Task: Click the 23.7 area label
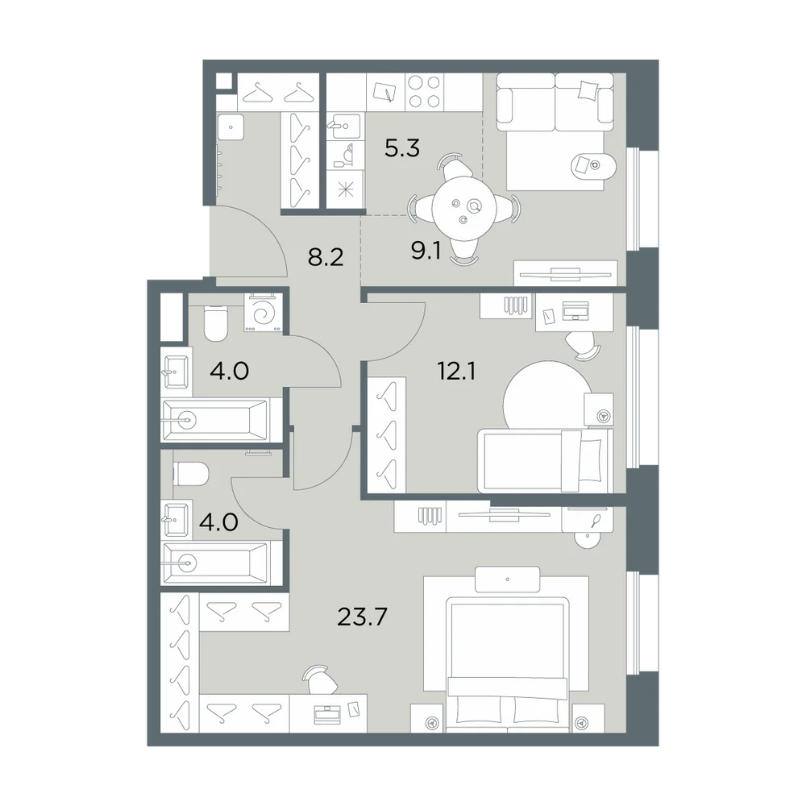click(x=362, y=617)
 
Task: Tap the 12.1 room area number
click(x=456, y=371)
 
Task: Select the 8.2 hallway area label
click(x=326, y=257)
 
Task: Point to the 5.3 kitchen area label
click(x=402, y=148)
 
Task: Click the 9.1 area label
click(x=426, y=251)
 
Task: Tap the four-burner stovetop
click(x=425, y=92)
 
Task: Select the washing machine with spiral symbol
click(x=264, y=313)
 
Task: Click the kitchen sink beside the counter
click(x=345, y=127)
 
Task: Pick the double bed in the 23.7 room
click(x=508, y=663)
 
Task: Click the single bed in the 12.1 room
click(x=546, y=460)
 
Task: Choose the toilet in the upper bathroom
click(x=216, y=324)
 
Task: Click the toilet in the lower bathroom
click(x=191, y=473)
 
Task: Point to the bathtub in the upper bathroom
click(x=215, y=420)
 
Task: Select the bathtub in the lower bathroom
click(x=215, y=563)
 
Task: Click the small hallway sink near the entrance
click(x=231, y=127)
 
